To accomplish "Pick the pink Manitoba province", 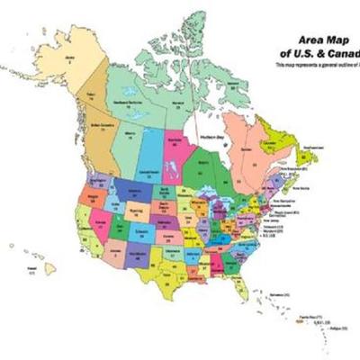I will click(x=177, y=148).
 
